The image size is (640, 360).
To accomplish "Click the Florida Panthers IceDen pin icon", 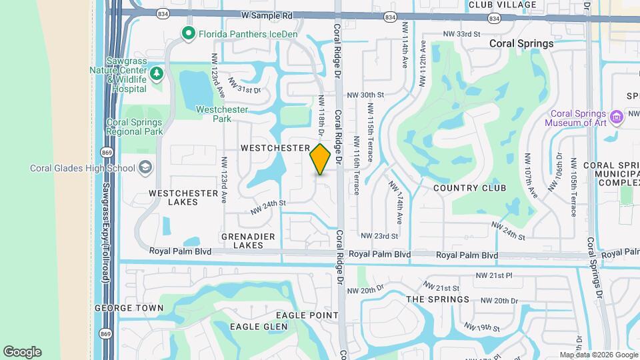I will coord(189,32).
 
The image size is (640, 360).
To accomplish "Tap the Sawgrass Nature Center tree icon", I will coord(157,73).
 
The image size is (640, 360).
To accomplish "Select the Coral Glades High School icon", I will coord(145,167).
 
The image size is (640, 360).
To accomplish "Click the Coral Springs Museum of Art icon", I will coord(616,118).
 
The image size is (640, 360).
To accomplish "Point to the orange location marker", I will coord(321,159).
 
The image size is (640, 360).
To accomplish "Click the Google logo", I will coord(22,351).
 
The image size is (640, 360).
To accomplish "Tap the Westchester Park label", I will coord(222,114).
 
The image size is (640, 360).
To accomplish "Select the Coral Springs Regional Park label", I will coord(134,127).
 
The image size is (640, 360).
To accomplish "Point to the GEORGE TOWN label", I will coord(129,308).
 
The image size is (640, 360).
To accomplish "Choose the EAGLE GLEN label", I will coord(259,327).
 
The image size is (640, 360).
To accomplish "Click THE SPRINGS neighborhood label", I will coord(438,299).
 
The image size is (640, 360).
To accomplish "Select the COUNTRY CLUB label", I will coord(469,188).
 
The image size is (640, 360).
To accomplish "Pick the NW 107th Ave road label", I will coord(531,175).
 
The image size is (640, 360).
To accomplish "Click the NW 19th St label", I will coord(483,327).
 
